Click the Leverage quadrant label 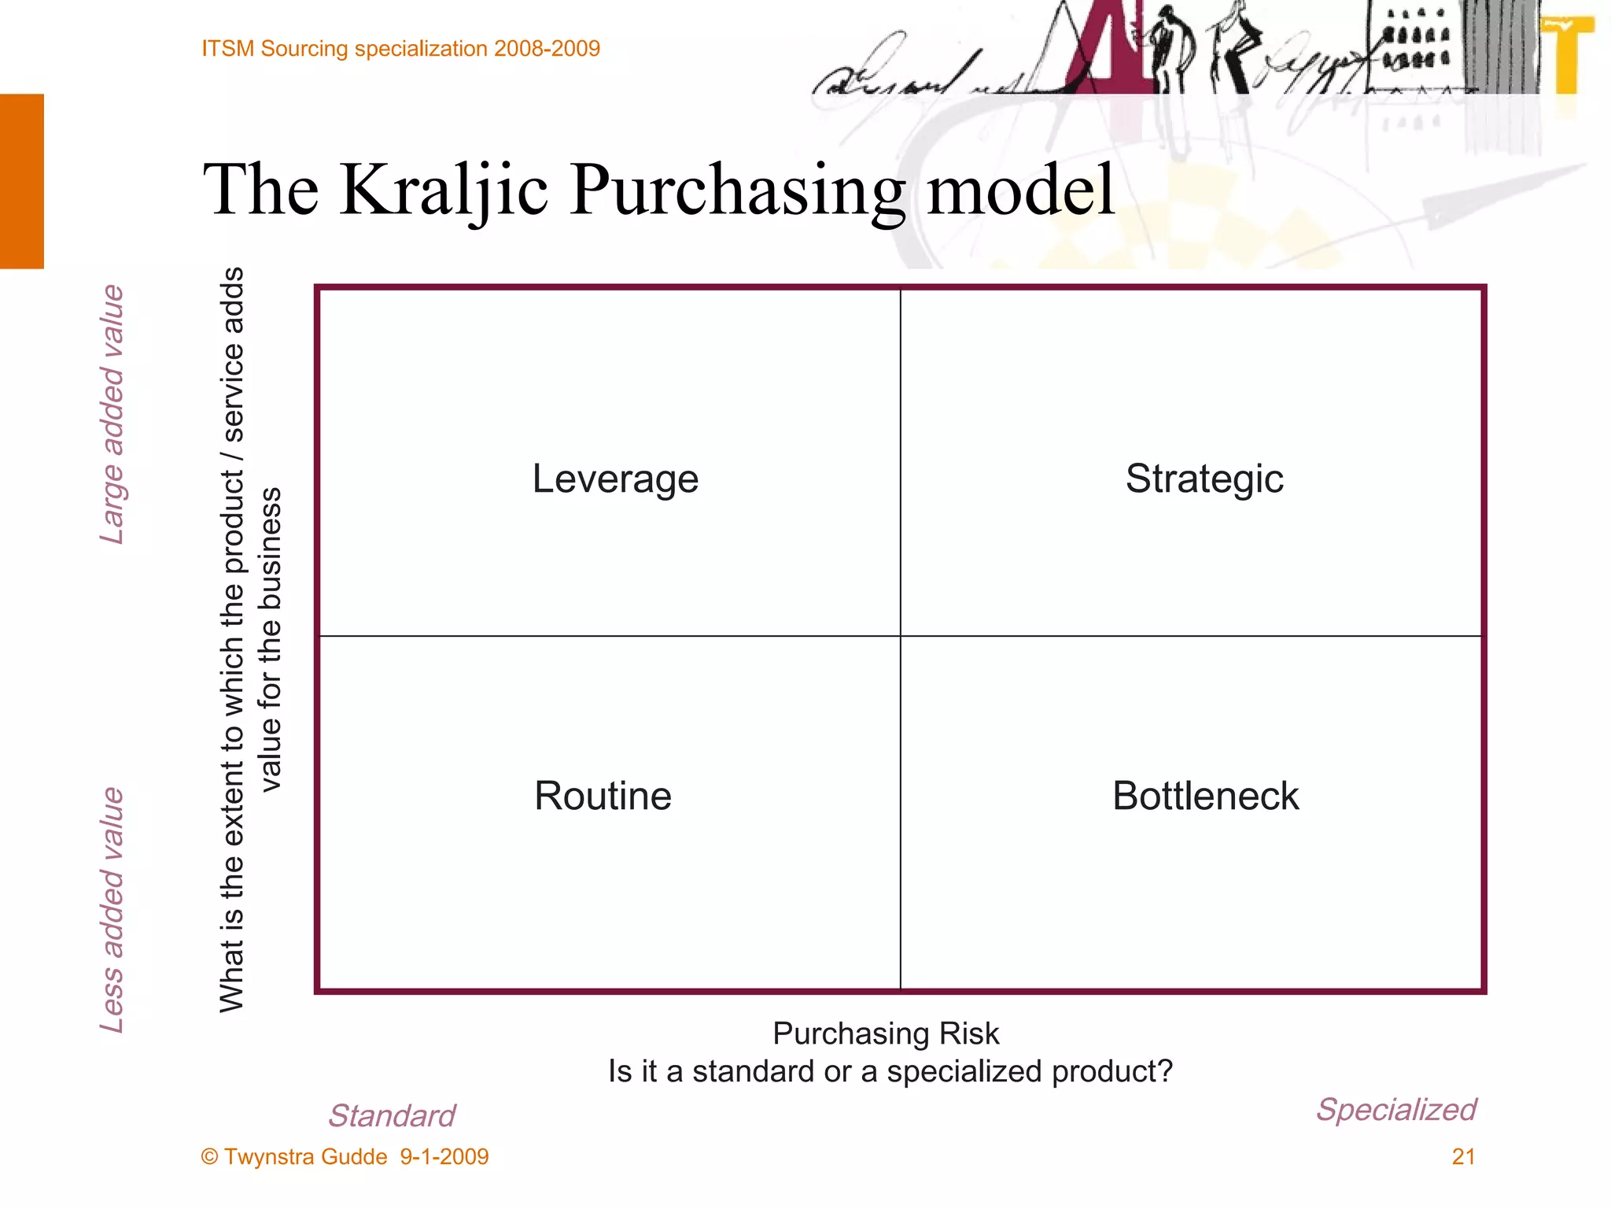(x=615, y=479)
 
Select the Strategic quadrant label (x=1204, y=479)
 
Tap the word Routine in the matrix (x=603, y=796)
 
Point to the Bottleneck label (x=1205, y=796)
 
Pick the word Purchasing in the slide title (x=737, y=191)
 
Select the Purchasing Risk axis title (x=886, y=1033)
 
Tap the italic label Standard (x=392, y=1115)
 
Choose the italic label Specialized (x=1396, y=1110)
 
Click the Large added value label (x=112, y=415)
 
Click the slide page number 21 (x=1463, y=1156)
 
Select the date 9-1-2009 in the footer (x=444, y=1156)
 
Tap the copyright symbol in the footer (x=209, y=1157)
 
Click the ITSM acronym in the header (x=228, y=49)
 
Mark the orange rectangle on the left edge (x=22, y=181)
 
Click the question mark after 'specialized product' (x=1165, y=1071)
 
